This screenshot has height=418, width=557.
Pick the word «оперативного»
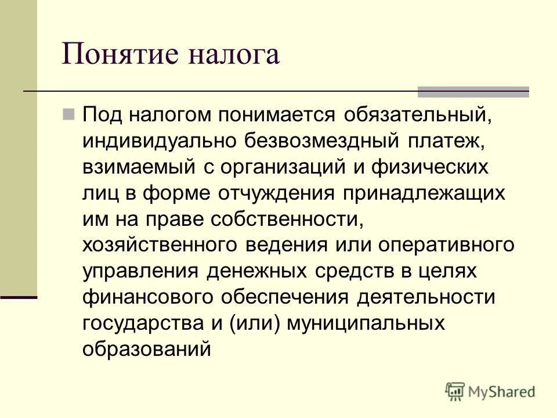tap(447, 245)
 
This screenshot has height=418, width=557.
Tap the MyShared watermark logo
tap(490, 391)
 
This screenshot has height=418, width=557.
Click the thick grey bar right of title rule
tap(473, 92)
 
